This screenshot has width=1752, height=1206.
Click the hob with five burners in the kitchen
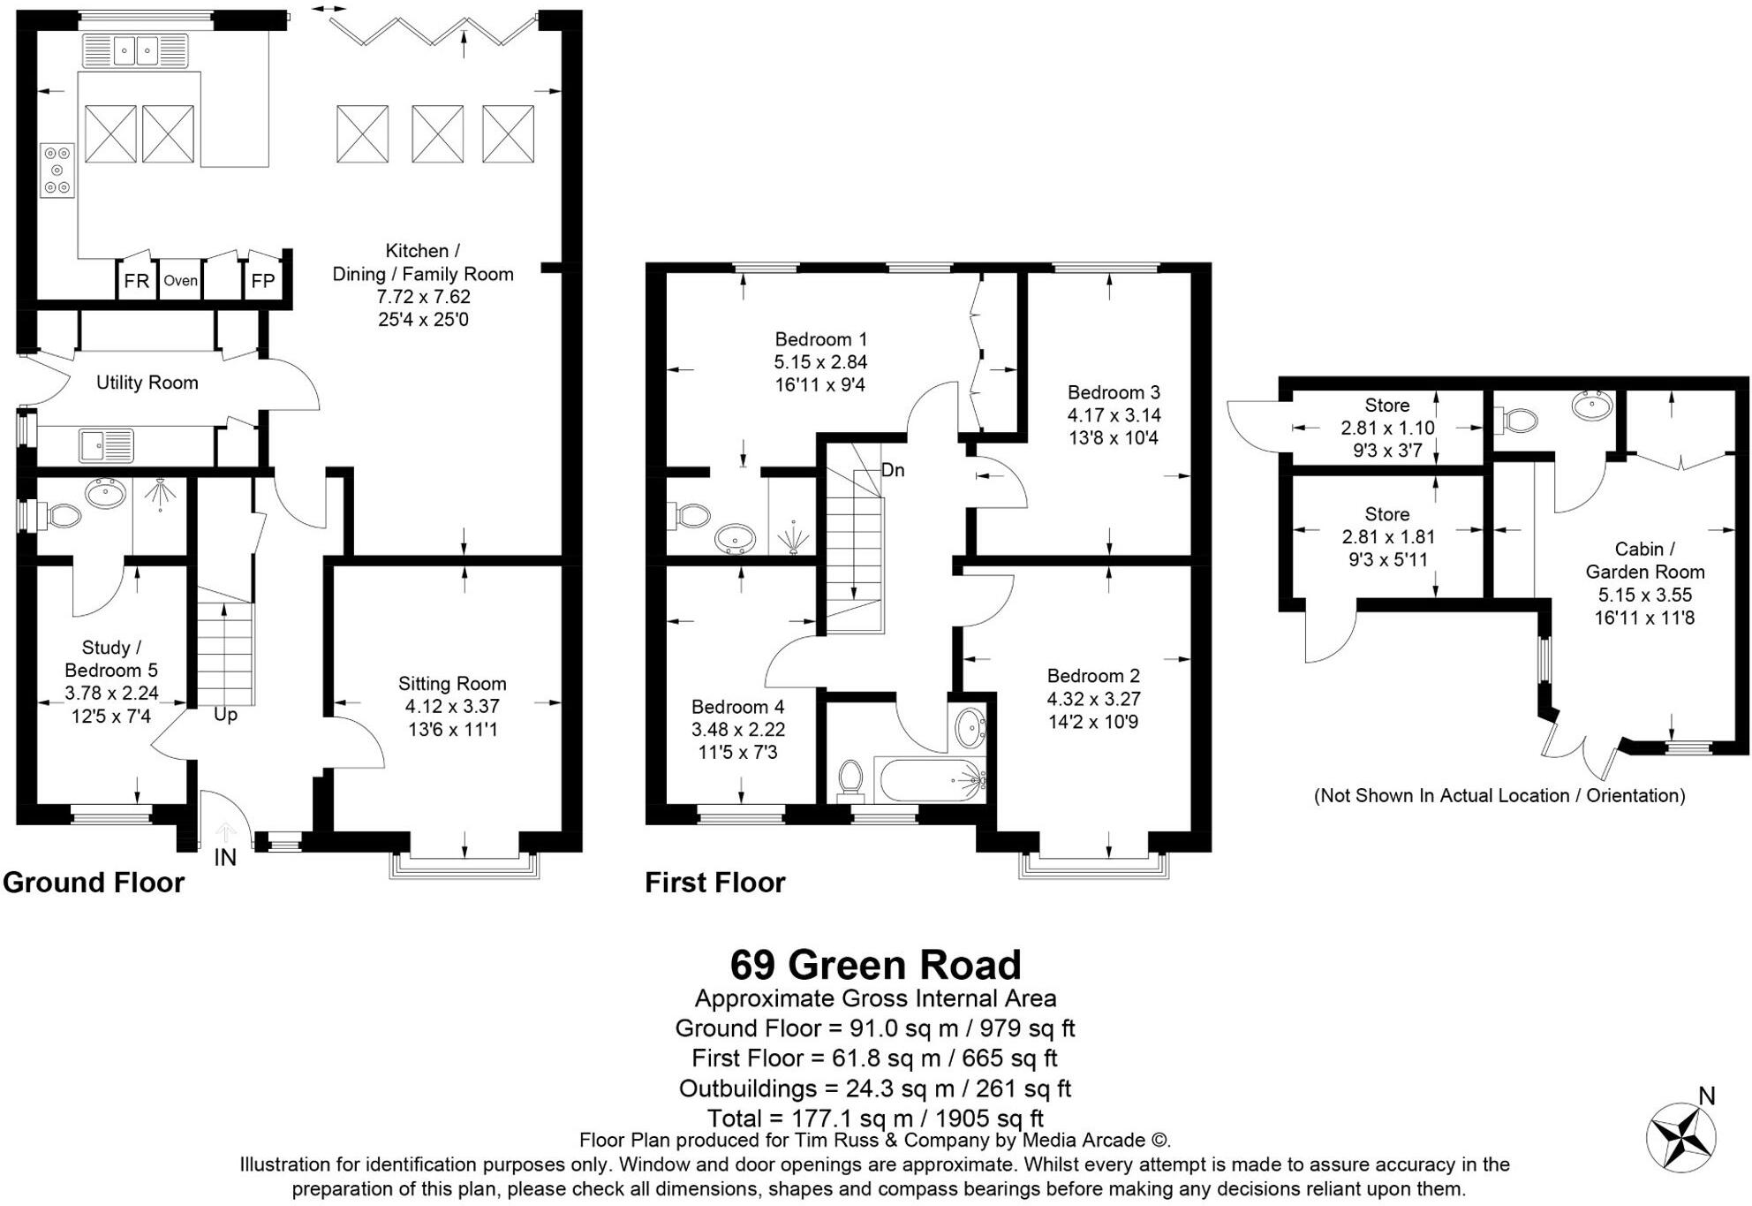pos(57,171)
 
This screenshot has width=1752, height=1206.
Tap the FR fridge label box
pos(136,281)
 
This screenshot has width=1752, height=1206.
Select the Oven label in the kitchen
pos(180,281)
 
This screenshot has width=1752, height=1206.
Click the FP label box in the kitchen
pos(263,281)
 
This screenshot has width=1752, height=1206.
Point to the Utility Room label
pos(147,383)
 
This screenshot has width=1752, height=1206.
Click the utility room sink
pos(106,445)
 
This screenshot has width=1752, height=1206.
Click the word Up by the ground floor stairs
pos(225,715)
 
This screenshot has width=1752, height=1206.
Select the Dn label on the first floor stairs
pos(893,470)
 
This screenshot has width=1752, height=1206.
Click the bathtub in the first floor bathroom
pos(929,779)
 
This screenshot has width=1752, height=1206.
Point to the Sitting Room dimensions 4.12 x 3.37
pos(452,707)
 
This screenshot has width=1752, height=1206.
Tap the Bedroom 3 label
pos(1114,392)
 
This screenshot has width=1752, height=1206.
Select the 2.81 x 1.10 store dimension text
pos(1387,429)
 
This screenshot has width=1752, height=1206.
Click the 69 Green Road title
pos(875,965)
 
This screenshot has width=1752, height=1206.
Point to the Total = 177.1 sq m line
pos(875,1119)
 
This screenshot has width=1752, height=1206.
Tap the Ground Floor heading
pos(94,883)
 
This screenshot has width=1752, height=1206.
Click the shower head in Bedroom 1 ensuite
pos(792,540)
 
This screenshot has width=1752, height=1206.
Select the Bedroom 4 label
pos(737,707)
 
